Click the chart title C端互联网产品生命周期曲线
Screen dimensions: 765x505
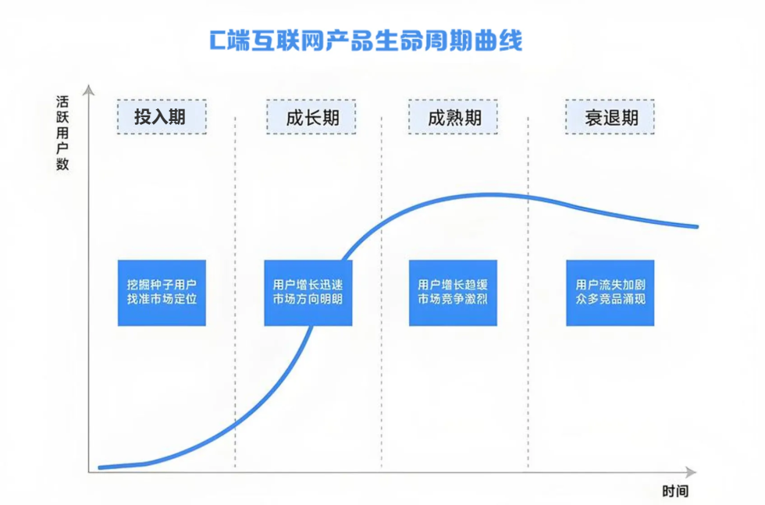[x=365, y=41]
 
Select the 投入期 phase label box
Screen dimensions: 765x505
[x=162, y=116]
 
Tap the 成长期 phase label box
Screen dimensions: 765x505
[x=311, y=116]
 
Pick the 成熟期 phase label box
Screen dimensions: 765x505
[x=454, y=116]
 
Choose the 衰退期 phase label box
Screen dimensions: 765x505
[x=610, y=116]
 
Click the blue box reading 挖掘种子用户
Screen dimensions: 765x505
[x=162, y=293]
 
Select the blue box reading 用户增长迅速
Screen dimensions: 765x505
[x=308, y=293]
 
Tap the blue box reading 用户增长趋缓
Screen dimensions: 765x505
[x=453, y=293]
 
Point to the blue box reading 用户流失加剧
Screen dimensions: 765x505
[x=610, y=293]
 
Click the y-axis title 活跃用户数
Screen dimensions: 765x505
[x=62, y=133]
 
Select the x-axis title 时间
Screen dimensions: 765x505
[x=675, y=491]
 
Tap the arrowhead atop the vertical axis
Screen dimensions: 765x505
[x=88, y=90]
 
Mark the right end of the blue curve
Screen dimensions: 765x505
[x=697, y=226]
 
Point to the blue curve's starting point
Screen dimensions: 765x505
[x=100, y=468]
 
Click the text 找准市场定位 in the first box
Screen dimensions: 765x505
[x=162, y=299]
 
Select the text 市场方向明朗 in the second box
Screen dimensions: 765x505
[x=308, y=299]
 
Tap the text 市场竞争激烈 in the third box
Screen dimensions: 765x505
[x=453, y=299]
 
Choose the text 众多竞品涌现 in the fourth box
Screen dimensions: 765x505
[x=610, y=299]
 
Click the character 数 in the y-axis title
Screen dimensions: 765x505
[x=62, y=164]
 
